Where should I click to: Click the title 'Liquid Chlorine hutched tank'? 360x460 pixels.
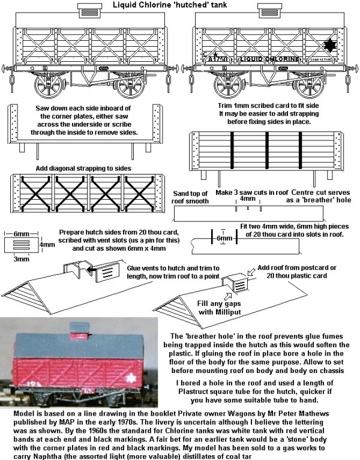coord(180,5)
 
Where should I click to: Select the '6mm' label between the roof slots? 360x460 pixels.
coord(224,237)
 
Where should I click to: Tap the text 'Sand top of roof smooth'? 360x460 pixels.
coord(190,198)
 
